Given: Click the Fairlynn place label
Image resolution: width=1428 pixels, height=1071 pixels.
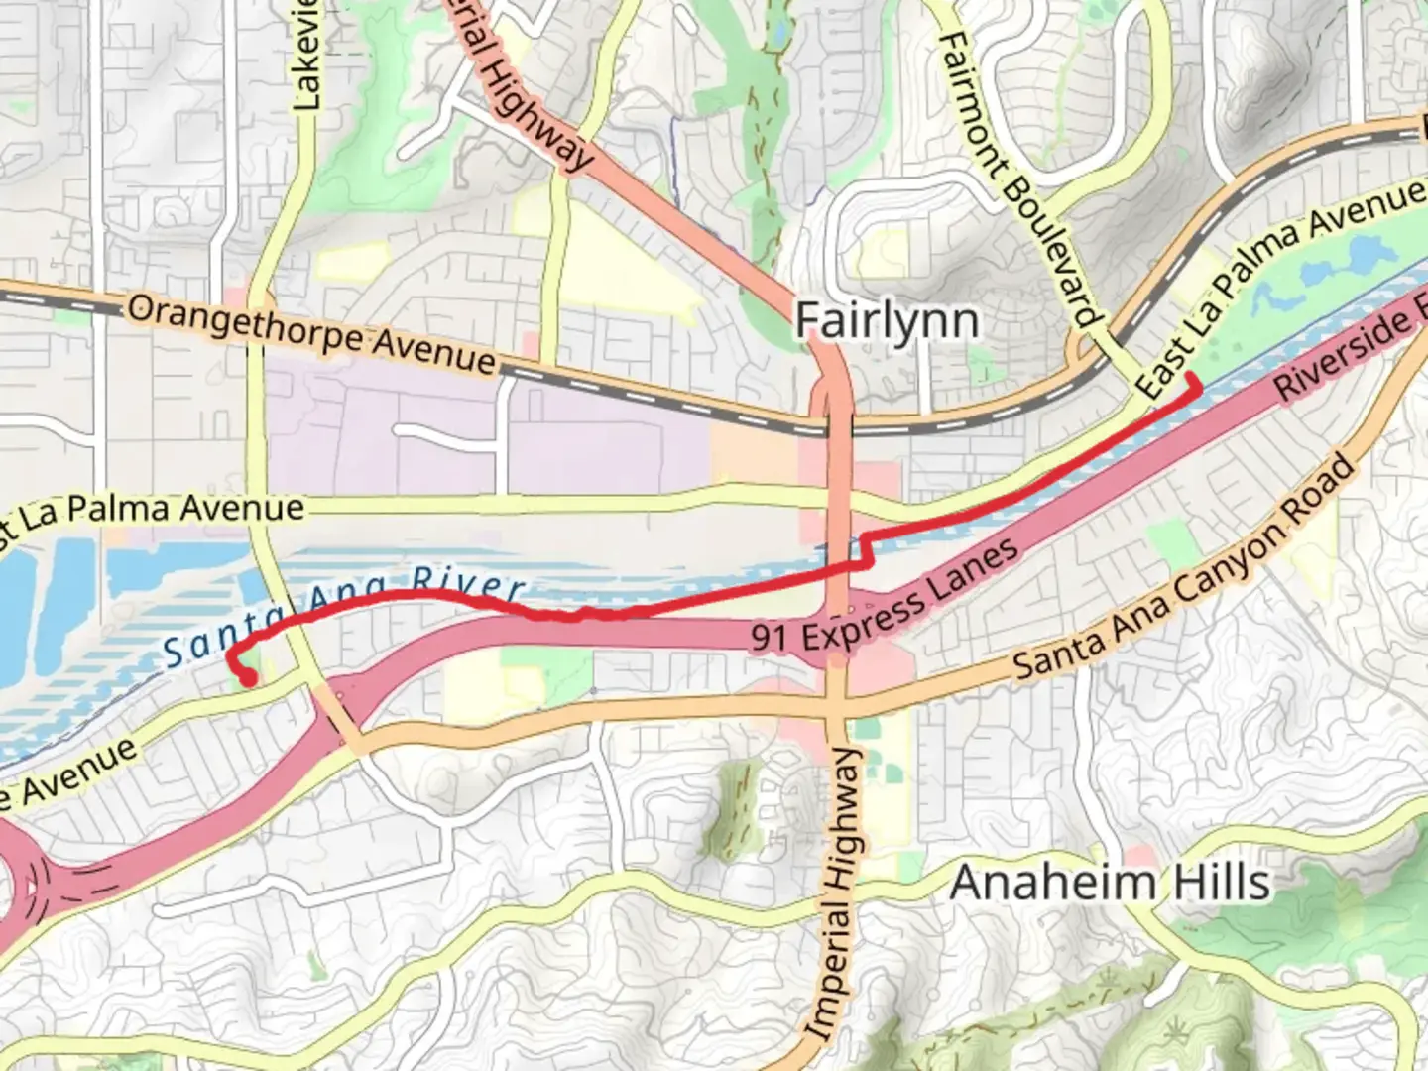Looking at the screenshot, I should [887, 321].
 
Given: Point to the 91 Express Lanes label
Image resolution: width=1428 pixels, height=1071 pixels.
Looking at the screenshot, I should [885, 597].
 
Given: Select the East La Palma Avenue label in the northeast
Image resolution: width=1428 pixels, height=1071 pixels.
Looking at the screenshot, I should [1279, 288].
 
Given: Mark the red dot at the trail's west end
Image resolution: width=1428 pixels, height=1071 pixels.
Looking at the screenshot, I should [248, 678].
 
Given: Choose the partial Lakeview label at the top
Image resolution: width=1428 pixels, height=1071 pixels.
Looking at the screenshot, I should [307, 55].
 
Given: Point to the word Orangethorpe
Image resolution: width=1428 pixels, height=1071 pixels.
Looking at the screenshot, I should [246, 325].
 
